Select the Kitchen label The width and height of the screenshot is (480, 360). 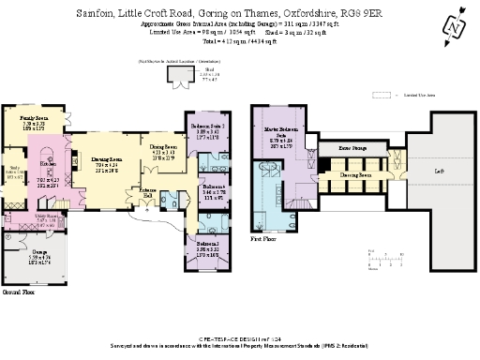pos(42,165)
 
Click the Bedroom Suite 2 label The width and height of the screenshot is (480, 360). pos(205,126)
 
